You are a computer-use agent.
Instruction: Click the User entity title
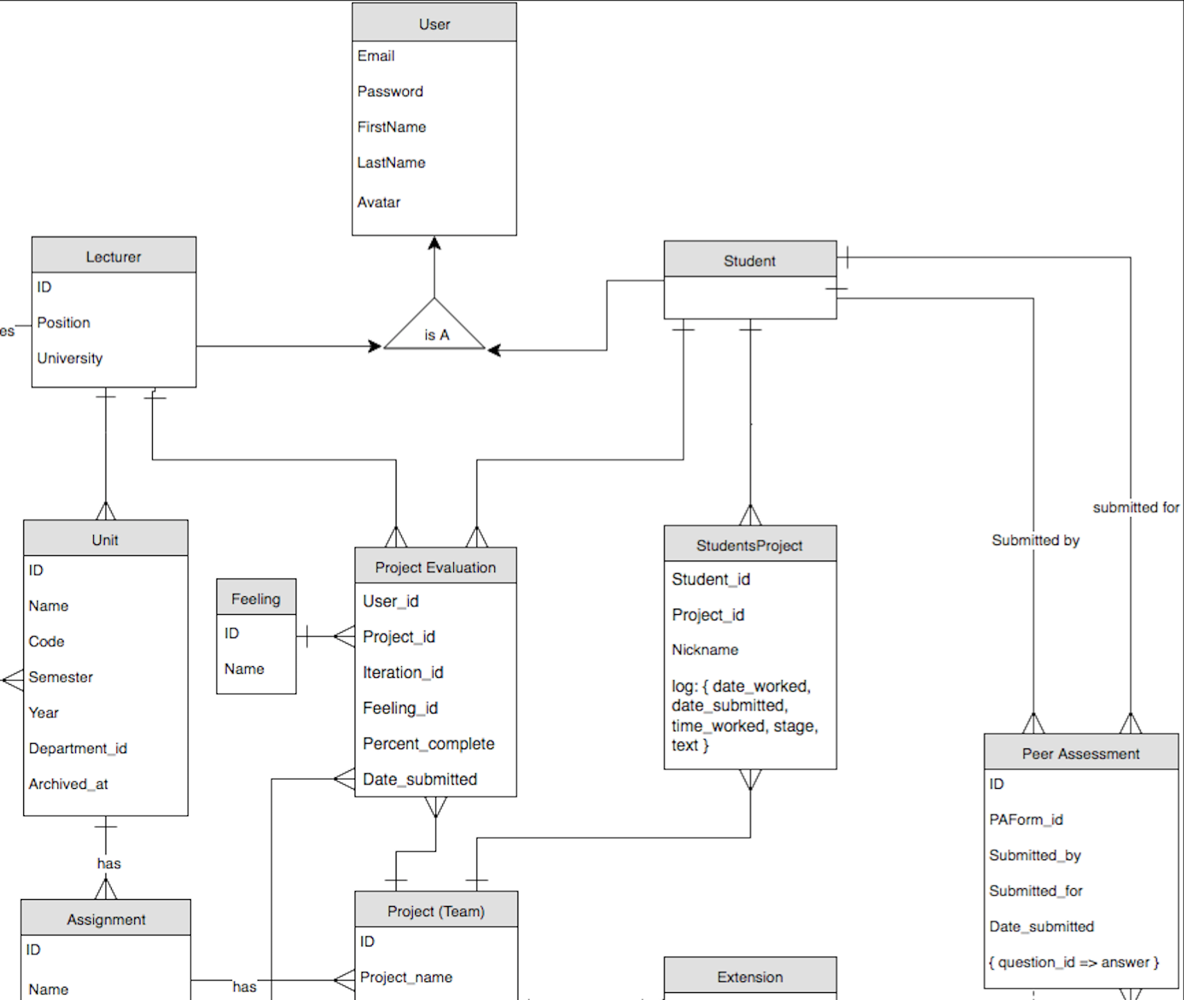pos(434,24)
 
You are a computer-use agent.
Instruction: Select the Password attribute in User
pos(390,92)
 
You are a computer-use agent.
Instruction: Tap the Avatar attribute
pos(379,203)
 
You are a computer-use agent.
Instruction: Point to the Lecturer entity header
pos(113,256)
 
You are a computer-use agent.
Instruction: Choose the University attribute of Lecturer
pos(70,358)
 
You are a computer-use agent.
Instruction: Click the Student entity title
pos(750,261)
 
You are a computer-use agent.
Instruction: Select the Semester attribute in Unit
pos(61,677)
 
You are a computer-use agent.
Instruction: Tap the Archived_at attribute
pos(68,784)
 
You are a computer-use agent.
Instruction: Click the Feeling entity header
pos(255,599)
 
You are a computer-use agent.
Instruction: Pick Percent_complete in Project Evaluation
pos(428,744)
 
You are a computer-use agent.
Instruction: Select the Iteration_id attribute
pos(403,672)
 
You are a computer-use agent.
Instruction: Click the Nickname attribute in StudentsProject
pos(705,650)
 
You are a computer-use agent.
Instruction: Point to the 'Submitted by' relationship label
pos(1035,540)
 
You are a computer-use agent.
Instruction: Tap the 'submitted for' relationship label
pos(1136,508)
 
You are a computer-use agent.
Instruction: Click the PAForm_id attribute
pos(1026,820)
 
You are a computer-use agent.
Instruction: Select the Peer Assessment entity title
pos(1080,754)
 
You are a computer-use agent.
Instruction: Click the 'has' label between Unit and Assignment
pos(109,863)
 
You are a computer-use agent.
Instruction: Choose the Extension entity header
pos(750,977)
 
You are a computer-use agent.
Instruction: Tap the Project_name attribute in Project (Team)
pos(406,977)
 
